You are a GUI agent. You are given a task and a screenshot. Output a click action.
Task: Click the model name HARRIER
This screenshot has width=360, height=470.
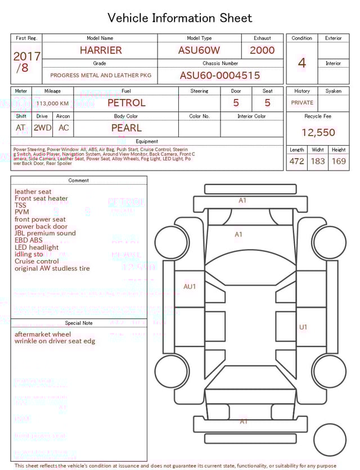[x=101, y=50]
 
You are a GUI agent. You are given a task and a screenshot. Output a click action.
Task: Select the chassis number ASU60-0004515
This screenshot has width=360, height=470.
[x=220, y=75]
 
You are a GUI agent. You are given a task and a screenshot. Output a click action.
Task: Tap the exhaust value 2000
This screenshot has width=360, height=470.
[x=262, y=50]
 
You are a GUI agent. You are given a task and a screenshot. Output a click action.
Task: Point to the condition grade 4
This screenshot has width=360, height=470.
[x=302, y=62]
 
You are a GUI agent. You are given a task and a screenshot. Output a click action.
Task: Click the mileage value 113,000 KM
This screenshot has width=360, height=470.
[x=53, y=104]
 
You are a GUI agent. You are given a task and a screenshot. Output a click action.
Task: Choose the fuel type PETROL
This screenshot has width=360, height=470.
[x=126, y=103]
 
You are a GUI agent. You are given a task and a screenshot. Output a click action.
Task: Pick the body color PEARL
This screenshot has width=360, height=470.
[x=126, y=128]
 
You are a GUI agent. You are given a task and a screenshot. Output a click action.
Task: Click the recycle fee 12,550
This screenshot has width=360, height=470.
[x=318, y=133]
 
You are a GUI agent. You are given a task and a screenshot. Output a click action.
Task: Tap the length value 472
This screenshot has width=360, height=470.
[x=296, y=162]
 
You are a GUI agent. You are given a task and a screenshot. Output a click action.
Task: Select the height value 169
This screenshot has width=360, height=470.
[x=339, y=162]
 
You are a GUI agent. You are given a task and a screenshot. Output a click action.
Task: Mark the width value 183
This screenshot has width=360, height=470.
[x=318, y=162]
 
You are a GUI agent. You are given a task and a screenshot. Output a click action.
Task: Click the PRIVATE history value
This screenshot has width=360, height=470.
[x=302, y=103]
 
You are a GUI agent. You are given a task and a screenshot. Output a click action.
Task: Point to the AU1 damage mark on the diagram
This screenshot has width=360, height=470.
[x=190, y=287]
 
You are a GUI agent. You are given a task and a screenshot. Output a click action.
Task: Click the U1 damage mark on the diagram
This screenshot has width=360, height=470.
[x=303, y=327]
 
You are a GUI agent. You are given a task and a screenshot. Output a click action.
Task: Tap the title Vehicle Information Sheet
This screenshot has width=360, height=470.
[x=180, y=18]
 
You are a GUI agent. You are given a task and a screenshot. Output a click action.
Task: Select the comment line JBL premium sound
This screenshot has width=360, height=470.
[x=45, y=234]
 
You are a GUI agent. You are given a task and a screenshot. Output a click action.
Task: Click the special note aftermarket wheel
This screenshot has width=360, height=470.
[x=43, y=334]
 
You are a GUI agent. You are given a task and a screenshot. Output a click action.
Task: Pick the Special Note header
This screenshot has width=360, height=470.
[x=79, y=323]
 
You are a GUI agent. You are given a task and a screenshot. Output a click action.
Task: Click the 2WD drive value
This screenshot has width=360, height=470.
[x=42, y=128]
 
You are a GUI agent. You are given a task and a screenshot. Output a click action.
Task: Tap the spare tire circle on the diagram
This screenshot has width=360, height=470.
[x=330, y=440]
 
